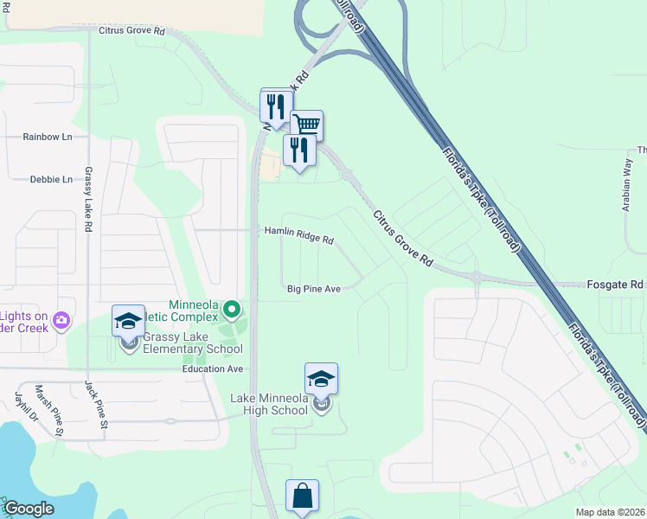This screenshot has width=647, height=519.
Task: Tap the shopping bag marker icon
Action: pos(302,497)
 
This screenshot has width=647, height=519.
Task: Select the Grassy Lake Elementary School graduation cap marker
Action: pos(128,322)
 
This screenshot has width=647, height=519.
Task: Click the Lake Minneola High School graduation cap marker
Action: pos(321,380)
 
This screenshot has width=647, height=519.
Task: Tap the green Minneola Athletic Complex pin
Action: pos(231,308)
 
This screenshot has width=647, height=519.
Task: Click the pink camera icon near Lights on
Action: pos(61,321)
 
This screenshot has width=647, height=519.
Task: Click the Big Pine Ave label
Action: pos(313,288)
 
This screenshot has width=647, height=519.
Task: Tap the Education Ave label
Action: pos(213,368)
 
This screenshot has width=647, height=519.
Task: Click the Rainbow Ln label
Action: pos(48,137)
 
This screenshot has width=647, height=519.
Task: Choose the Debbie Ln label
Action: pos(51,179)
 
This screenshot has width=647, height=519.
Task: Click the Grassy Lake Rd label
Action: pos(88,199)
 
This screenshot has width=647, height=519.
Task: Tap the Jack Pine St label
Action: pos(95,405)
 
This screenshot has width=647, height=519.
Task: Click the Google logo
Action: pos(28,509)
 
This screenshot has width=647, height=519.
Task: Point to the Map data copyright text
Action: pos(610,512)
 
